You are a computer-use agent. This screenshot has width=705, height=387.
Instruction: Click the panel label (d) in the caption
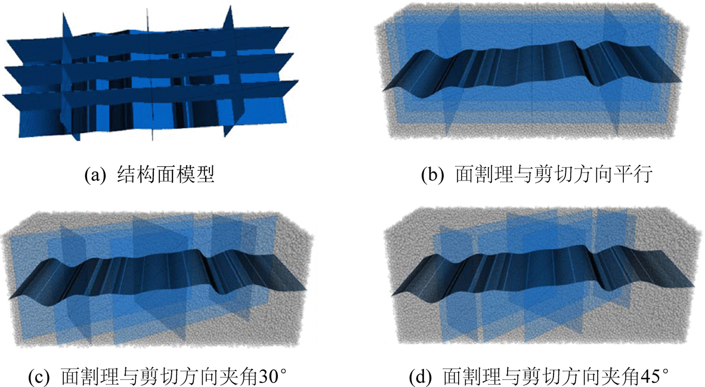point(421,377)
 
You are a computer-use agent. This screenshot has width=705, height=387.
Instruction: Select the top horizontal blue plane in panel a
point(149,39)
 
